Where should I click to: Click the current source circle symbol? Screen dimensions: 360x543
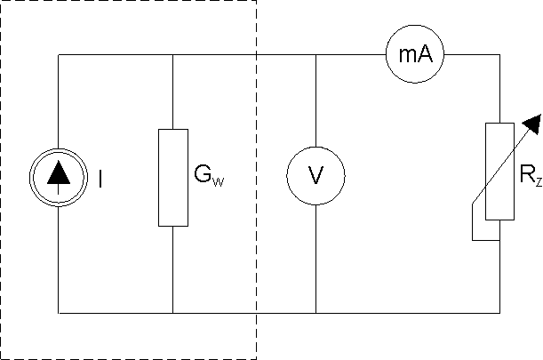click(59, 178)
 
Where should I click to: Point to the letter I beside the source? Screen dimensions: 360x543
click(100, 179)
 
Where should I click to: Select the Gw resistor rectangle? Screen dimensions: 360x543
click(172, 178)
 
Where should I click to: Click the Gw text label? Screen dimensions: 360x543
click(208, 178)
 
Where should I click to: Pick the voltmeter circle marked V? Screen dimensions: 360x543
click(316, 178)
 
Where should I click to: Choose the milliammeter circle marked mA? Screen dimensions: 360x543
click(415, 55)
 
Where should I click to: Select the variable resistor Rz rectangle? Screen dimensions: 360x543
click(499, 172)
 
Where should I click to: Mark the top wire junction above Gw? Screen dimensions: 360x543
click(172, 55)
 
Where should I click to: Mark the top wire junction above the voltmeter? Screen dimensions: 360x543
click(316, 55)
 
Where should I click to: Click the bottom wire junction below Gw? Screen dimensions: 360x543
click(172, 313)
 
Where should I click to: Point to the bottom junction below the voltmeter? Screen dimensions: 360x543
click(316, 313)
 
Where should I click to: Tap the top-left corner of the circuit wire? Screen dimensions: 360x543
click(59, 55)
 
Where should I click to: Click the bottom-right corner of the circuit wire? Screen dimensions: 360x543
click(499, 313)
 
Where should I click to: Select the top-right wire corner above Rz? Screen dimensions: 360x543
click(499, 55)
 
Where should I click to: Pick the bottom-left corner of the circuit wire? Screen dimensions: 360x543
click(59, 313)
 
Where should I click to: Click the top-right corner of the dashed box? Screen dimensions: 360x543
click(256, 2)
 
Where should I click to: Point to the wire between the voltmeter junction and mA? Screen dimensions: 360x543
click(351, 55)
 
